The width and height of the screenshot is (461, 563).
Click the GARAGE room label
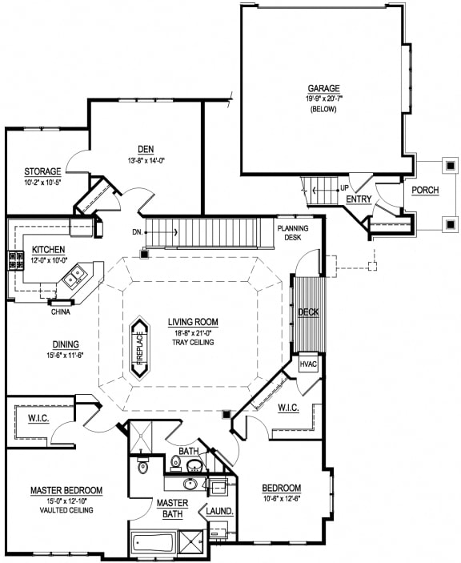pyautogui.click(x=323, y=88)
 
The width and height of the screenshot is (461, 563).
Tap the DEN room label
pyautogui.click(x=145, y=149)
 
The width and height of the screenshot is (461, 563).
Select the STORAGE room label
pyautogui.click(x=42, y=171)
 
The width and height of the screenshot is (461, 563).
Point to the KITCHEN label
pyautogui.click(x=49, y=250)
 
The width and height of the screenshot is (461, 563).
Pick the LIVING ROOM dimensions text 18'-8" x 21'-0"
pyautogui.click(x=192, y=332)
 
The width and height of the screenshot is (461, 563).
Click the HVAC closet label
pyautogui.click(x=309, y=364)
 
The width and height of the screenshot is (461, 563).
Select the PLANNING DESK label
pyautogui.click(x=293, y=232)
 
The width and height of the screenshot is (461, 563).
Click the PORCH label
pyautogui.click(x=425, y=191)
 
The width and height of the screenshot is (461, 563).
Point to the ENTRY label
pyautogui.click(x=359, y=199)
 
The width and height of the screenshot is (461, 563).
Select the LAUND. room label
pyautogui.click(x=219, y=511)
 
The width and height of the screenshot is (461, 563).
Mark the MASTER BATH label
pyautogui.click(x=171, y=508)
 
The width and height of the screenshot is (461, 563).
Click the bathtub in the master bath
pyautogui.click(x=154, y=544)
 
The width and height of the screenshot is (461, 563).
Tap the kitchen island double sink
pyautogui.click(x=77, y=276)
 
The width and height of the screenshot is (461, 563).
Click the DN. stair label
pyautogui.click(x=138, y=232)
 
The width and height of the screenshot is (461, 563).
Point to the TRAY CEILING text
pyautogui.click(x=192, y=343)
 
